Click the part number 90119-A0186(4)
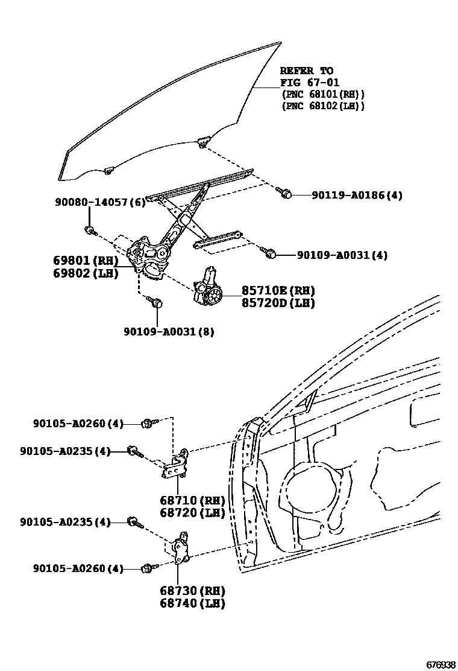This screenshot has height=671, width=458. pyautogui.click(x=357, y=195)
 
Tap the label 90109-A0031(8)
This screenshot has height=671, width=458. pyautogui.click(x=169, y=331)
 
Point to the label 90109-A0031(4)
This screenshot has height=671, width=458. pyautogui.click(x=342, y=255)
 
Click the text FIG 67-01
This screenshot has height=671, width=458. pyautogui.click(x=310, y=83)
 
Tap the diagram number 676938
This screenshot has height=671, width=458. pyautogui.click(x=441, y=664)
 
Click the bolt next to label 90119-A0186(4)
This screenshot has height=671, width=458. pyautogui.click(x=285, y=194)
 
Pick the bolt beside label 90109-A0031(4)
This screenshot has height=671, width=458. pyautogui.click(x=270, y=254)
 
